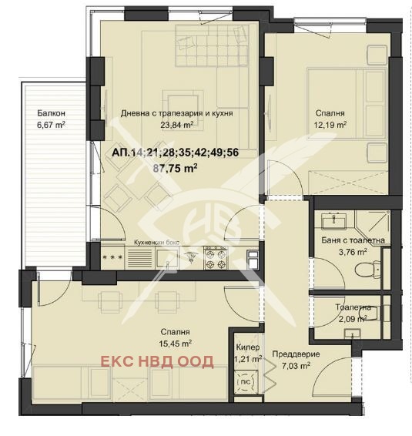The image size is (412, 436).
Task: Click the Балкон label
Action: click(52, 113)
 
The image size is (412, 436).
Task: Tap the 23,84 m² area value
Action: click(177, 125)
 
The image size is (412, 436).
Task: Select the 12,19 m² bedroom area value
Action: click(330, 125)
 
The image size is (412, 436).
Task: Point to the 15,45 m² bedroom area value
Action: click(175, 344)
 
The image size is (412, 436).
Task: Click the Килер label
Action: click(248, 347)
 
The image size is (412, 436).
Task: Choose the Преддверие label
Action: click(296, 354)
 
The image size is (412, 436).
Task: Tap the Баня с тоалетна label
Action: click(353, 240)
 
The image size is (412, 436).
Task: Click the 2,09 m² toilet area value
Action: click(353, 319)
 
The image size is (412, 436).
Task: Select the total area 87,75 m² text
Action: click(176, 168)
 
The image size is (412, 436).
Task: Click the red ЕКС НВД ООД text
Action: click(157, 361)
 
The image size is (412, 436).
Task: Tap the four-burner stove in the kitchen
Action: click(216, 259)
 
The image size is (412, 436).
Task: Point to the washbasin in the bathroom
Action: click(333, 221)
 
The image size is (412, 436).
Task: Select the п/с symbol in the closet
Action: click(245, 382)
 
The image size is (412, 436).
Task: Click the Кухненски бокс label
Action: click(156, 243)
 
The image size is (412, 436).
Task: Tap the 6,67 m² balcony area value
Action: click(51, 125)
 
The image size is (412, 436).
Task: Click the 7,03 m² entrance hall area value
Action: click(296, 366)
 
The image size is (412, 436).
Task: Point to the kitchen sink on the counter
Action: click(167, 258)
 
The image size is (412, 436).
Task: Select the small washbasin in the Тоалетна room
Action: click(352, 333)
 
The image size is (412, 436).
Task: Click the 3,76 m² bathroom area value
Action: click(353, 252)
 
